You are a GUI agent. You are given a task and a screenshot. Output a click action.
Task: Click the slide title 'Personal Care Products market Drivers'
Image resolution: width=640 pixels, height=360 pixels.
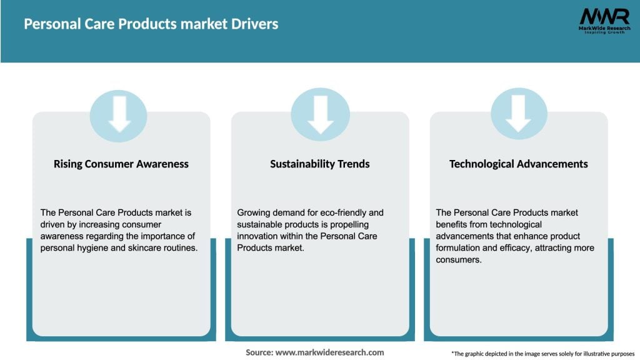click(x=151, y=24)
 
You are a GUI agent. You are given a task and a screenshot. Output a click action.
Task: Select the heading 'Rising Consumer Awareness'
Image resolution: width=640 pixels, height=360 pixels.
click(x=121, y=164)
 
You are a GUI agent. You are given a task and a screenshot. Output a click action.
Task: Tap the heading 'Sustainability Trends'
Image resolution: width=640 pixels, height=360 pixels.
click(x=320, y=164)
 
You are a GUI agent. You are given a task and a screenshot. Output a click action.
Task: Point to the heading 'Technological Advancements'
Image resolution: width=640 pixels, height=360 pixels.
click(x=519, y=164)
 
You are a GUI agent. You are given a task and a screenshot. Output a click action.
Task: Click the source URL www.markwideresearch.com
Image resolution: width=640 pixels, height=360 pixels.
click(x=330, y=352)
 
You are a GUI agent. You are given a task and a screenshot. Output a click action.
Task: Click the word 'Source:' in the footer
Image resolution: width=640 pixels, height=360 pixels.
click(x=259, y=352)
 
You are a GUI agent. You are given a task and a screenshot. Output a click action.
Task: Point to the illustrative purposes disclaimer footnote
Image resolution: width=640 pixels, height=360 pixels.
click(x=542, y=353)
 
